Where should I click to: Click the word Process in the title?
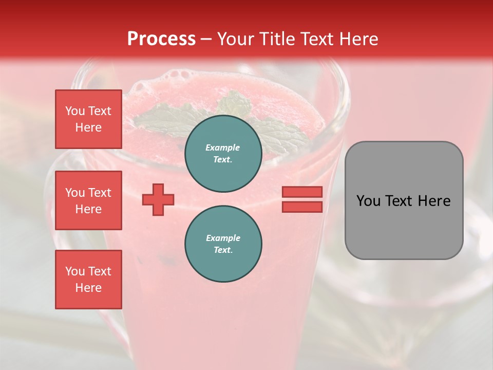coord(161,39)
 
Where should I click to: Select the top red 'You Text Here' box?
coord(88,119)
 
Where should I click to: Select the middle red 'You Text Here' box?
coord(88,200)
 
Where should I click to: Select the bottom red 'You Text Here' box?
coord(88,280)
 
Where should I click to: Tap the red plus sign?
coord(158,199)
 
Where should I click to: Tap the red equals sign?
coord(302,199)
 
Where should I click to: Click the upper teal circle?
coord(223,154)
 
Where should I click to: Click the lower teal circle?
coord(223,244)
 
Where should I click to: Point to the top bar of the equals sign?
coord(302,192)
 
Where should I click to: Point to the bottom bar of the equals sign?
coord(302,207)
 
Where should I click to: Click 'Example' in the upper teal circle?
coord(223,147)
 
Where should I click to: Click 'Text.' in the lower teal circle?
coord(223,250)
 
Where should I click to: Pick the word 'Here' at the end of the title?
coord(359,39)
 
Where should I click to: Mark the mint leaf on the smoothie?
coord(169,116)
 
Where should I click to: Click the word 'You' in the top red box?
coord(75,111)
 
